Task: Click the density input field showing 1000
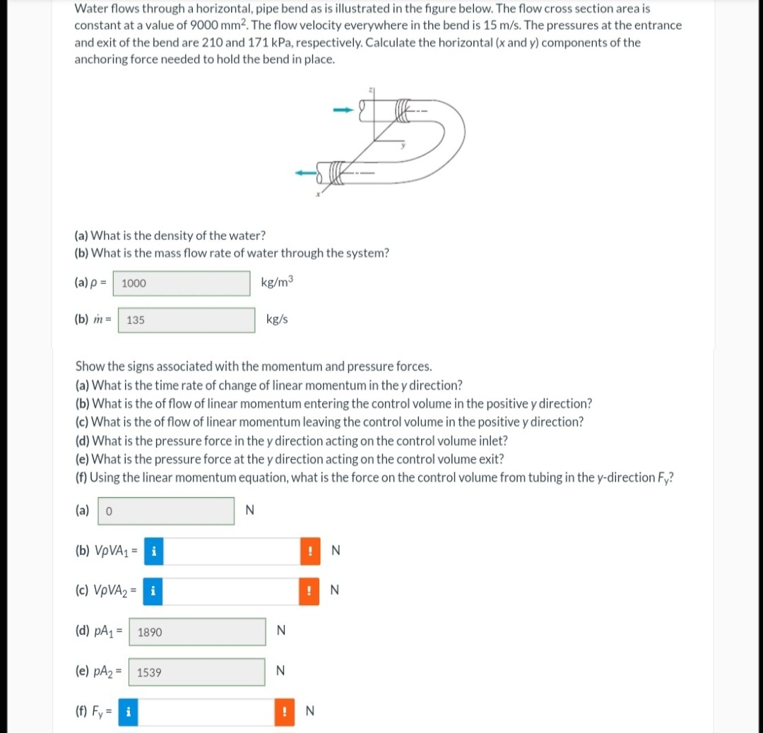click(x=182, y=283)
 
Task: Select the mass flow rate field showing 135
click(x=187, y=320)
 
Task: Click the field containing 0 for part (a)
click(x=166, y=511)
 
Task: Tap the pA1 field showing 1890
click(x=198, y=632)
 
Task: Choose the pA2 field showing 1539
click(x=197, y=672)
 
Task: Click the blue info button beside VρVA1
click(x=154, y=551)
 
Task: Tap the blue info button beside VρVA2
click(x=153, y=591)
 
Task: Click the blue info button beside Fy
click(x=128, y=712)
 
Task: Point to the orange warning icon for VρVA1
click(x=310, y=551)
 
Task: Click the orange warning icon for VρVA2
click(x=309, y=591)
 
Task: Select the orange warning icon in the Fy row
click(x=285, y=712)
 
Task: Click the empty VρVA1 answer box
click(x=232, y=551)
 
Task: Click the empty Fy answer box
click(x=206, y=712)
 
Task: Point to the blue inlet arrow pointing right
click(x=343, y=110)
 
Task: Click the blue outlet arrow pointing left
click(x=306, y=173)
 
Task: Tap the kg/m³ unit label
click(x=278, y=282)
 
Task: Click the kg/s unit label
click(x=277, y=319)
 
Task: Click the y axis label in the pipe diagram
click(x=403, y=145)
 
